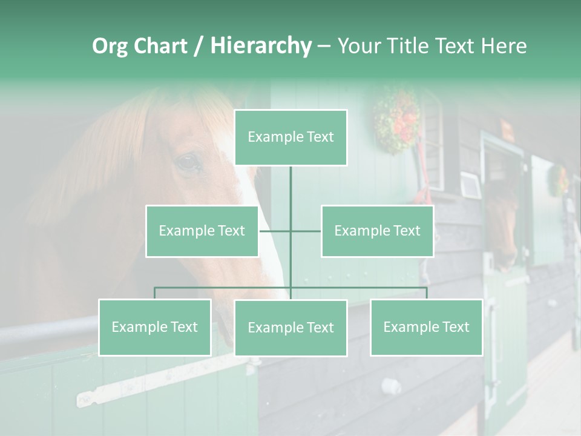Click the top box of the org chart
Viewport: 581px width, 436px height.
pyautogui.click(x=290, y=137)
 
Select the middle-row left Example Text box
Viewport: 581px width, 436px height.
pyautogui.click(x=202, y=231)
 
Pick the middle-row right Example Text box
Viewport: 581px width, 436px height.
pyautogui.click(x=377, y=231)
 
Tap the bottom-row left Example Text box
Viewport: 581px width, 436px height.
pyautogui.click(x=154, y=327)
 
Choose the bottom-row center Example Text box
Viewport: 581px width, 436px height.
pyautogui.click(x=290, y=328)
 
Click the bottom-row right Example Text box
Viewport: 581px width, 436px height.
pyautogui.click(x=426, y=327)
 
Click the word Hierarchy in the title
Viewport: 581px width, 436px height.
pyautogui.click(x=261, y=46)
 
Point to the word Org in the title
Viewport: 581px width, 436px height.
pyautogui.click(x=110, y=46)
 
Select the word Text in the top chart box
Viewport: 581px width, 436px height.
pyautogui.click(x=320, y=137)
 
